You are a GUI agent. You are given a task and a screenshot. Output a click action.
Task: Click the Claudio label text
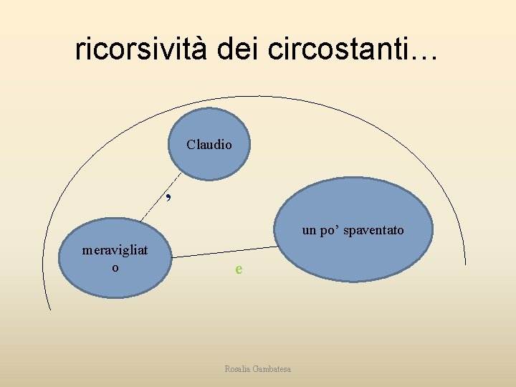point(209,144)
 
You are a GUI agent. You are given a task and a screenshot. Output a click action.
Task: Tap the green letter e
point(239,269)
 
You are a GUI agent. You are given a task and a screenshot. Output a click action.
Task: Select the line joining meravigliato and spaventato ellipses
point(222,252)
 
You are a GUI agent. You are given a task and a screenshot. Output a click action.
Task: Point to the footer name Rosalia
point(239,368)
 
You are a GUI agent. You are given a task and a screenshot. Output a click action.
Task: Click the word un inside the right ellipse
point(309,231)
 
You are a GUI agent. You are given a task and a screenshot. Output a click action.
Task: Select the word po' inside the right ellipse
point(328,231)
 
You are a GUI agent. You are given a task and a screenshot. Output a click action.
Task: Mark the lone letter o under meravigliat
point(115,267)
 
